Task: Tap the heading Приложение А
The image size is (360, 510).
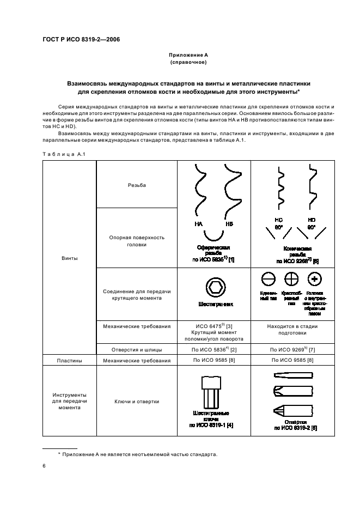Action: [188, 56]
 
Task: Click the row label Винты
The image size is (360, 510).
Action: [69, 258]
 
